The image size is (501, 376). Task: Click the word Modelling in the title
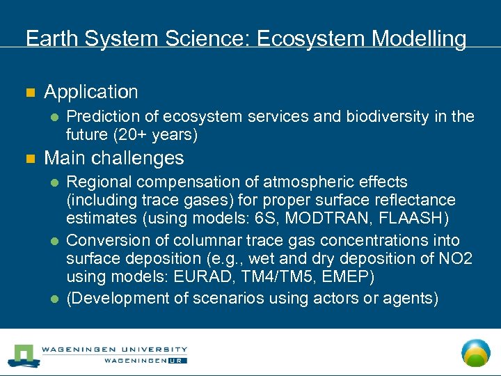click(419, 39)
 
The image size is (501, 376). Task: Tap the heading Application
click(91, 92)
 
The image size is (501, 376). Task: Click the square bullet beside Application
click(29, 93)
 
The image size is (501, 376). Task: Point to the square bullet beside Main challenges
click(29, 159)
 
